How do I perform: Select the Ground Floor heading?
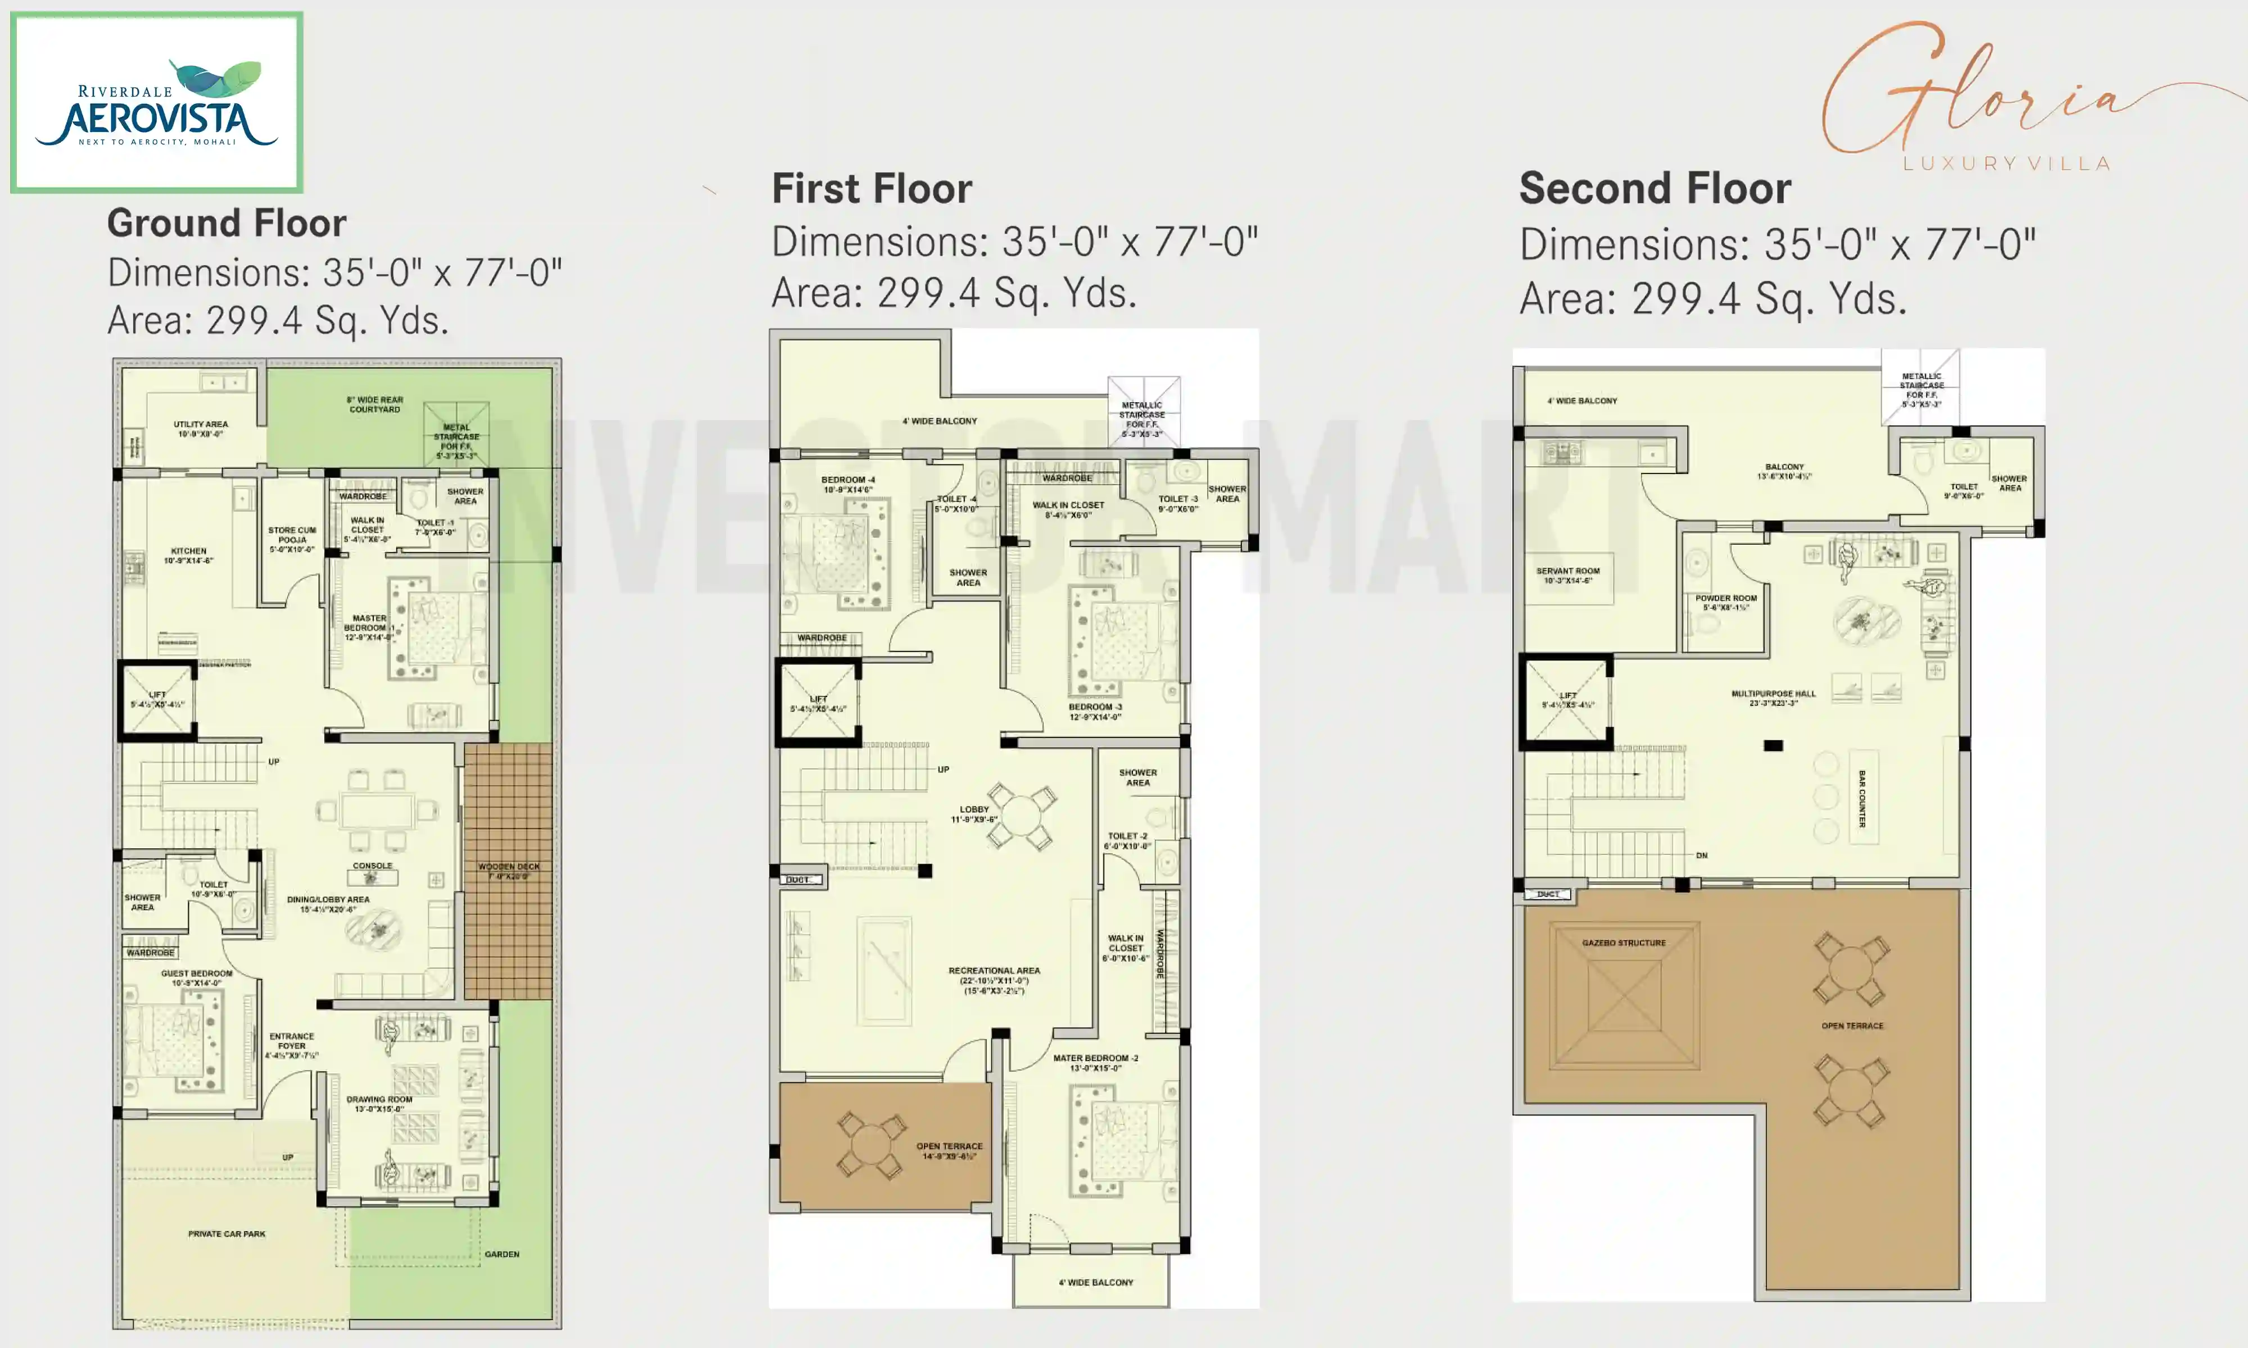[x=226, y=224]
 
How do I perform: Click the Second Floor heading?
[x=1655, y=189]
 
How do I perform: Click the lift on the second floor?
[x=1566, y=700]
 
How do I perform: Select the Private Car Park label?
[x=226, y=1233]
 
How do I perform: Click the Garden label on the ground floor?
[x=501, y=1254]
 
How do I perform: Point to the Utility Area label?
[x=201, y=429]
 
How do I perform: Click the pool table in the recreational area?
[x=883, y=969]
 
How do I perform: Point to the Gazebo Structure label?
[x=1624, y=943]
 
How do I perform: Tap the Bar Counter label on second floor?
[x=1862, y=799]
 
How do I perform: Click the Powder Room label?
[x=1725, y=602]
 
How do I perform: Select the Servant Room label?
[x=1567, y=575]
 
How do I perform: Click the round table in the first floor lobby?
[x=1021, y=815]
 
